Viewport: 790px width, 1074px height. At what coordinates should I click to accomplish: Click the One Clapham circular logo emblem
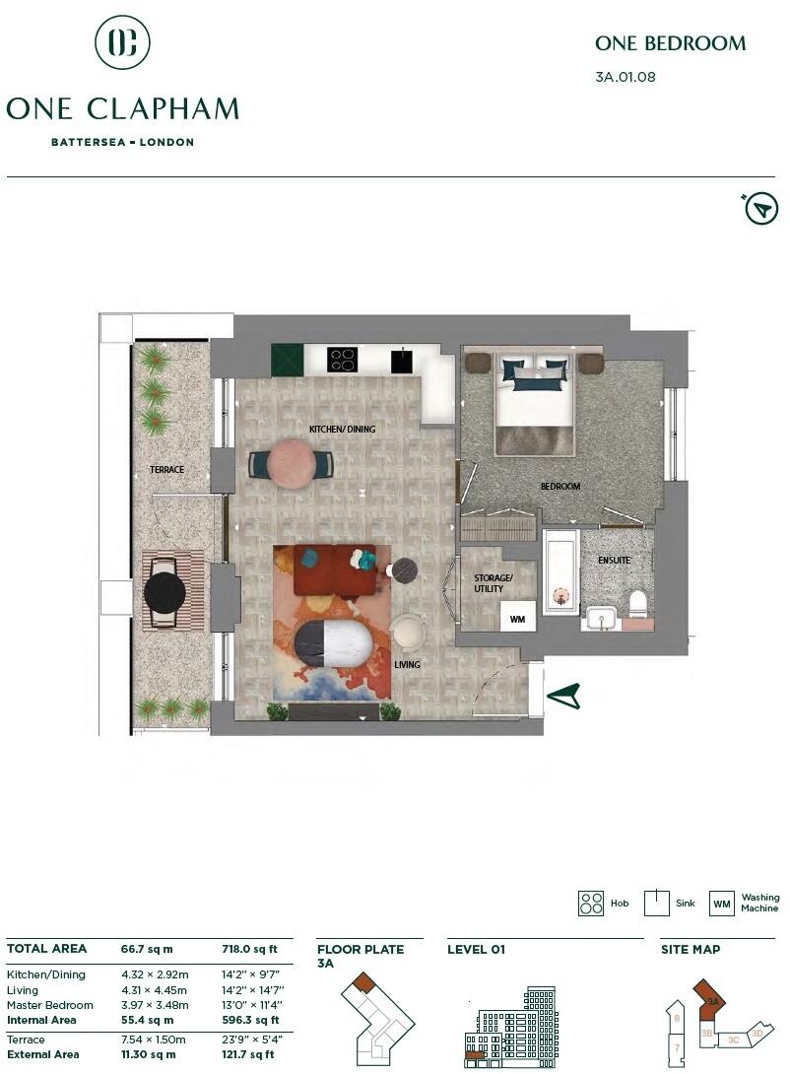click(x=122, y=42)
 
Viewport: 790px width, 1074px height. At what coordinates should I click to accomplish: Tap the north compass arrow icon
click(x=760, y=208)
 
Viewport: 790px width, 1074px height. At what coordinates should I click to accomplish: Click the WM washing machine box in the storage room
click(x=517, y=620)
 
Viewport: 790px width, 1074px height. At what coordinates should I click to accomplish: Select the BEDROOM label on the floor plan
click(x=560, y=487)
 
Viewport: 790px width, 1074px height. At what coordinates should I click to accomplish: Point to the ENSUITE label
click(x=614, y=560)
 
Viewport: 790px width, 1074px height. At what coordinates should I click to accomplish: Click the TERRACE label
click(x=166, y=470)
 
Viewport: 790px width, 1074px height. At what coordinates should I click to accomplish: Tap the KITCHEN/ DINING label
click(x=342, y=430)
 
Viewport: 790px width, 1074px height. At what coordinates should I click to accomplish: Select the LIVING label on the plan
click(x=407, y=665)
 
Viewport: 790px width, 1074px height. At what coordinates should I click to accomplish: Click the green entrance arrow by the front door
click(x=562, y=696)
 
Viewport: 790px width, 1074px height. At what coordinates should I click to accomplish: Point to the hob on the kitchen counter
click(x=342, y=360)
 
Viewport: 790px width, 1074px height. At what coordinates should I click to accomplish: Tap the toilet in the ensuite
click(x=637, y=601)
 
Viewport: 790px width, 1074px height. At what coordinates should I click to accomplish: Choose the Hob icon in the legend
click(x=591, y=904)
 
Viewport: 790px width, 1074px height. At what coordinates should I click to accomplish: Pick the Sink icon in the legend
click(x=657, y=904)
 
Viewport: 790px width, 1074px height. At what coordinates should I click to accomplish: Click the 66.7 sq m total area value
click(x=147, y=949)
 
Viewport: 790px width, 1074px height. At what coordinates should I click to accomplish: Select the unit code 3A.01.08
click(x=625, y=77)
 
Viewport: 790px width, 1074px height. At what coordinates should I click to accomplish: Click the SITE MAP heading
click(x=690, y=950)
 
